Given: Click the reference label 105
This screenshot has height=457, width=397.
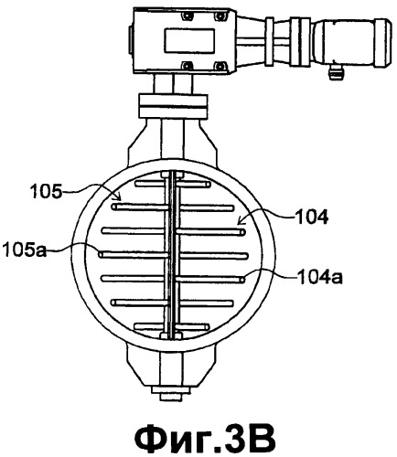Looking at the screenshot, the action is pyautogui.click(x=46, y=192).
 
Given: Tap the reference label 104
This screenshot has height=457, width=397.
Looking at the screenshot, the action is pyautogui.click(x=311, y=218).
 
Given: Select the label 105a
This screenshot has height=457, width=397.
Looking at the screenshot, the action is pyautogui.click(x=25, y=250).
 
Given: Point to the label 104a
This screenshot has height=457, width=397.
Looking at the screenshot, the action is pyautogui.click(x=320, y=278).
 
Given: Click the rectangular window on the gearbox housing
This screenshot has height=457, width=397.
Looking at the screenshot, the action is pyautogui.click(x=189, y=40).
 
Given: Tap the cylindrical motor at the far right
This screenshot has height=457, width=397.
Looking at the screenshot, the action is pyautogui.click(x=352, y=42).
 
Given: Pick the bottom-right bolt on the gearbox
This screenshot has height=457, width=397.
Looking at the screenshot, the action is pyautogui.click(x=219, y=66).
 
